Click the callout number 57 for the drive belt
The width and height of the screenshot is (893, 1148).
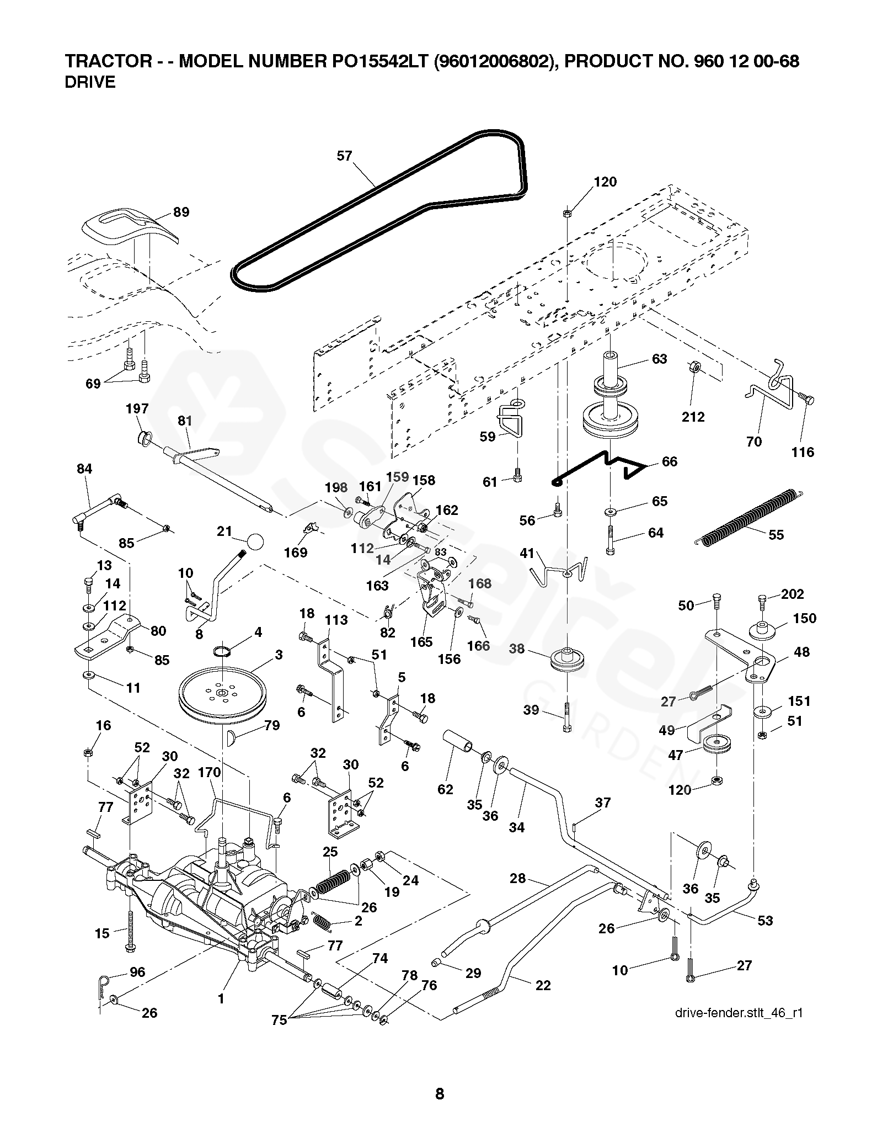click(344, 156)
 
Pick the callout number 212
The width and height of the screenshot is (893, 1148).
click(693, 417)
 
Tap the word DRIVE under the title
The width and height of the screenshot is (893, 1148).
click(90, 82)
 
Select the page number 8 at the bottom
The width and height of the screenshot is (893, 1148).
click(440, 1093)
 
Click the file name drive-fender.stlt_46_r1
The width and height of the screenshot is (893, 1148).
click(738, 1013)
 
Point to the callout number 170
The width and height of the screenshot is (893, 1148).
click(209, 772)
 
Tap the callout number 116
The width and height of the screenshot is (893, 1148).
click(803, 452)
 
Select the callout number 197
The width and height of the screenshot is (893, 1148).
click(137, 408)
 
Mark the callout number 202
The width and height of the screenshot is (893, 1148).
click(793, 594)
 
